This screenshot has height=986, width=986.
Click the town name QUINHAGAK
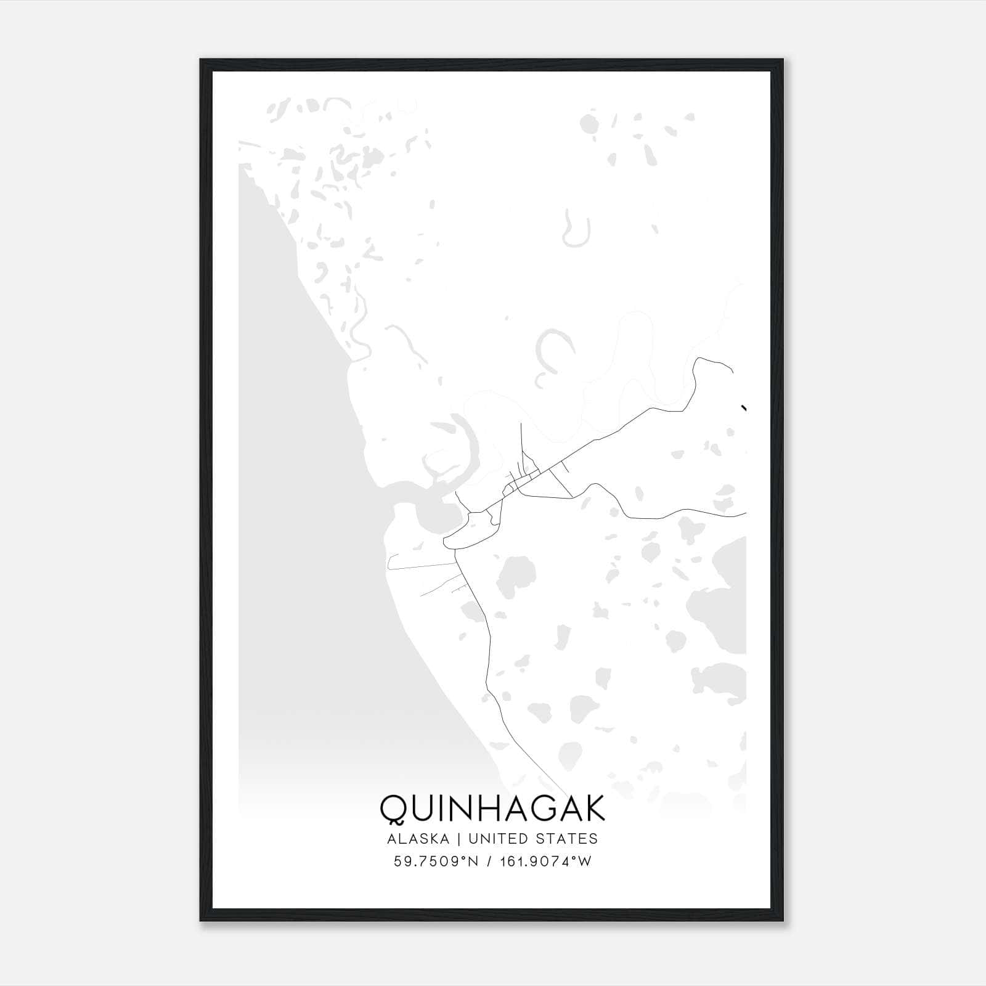pos(492,809)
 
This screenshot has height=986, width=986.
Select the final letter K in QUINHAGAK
pos(593,809)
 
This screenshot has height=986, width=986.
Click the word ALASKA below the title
pos(422,839)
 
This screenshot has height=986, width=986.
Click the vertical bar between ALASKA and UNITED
pos(462,839)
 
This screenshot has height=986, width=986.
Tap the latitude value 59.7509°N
pos(436,862)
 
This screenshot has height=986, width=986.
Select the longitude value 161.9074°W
pos(545,862)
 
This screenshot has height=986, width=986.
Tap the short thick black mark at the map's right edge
pos(744,407)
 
